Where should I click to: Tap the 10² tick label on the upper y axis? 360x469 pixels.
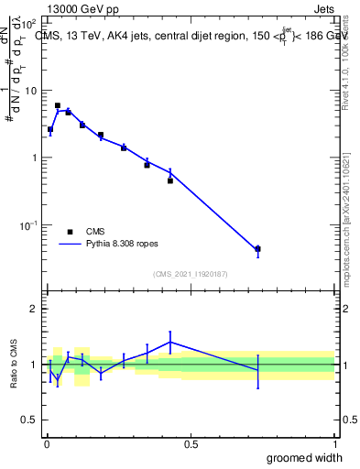point(30,24)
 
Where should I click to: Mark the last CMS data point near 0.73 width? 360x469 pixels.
point(257,248)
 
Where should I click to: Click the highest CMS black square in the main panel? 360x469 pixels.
point(58,106)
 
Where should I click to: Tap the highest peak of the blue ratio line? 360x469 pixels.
point(169,342)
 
